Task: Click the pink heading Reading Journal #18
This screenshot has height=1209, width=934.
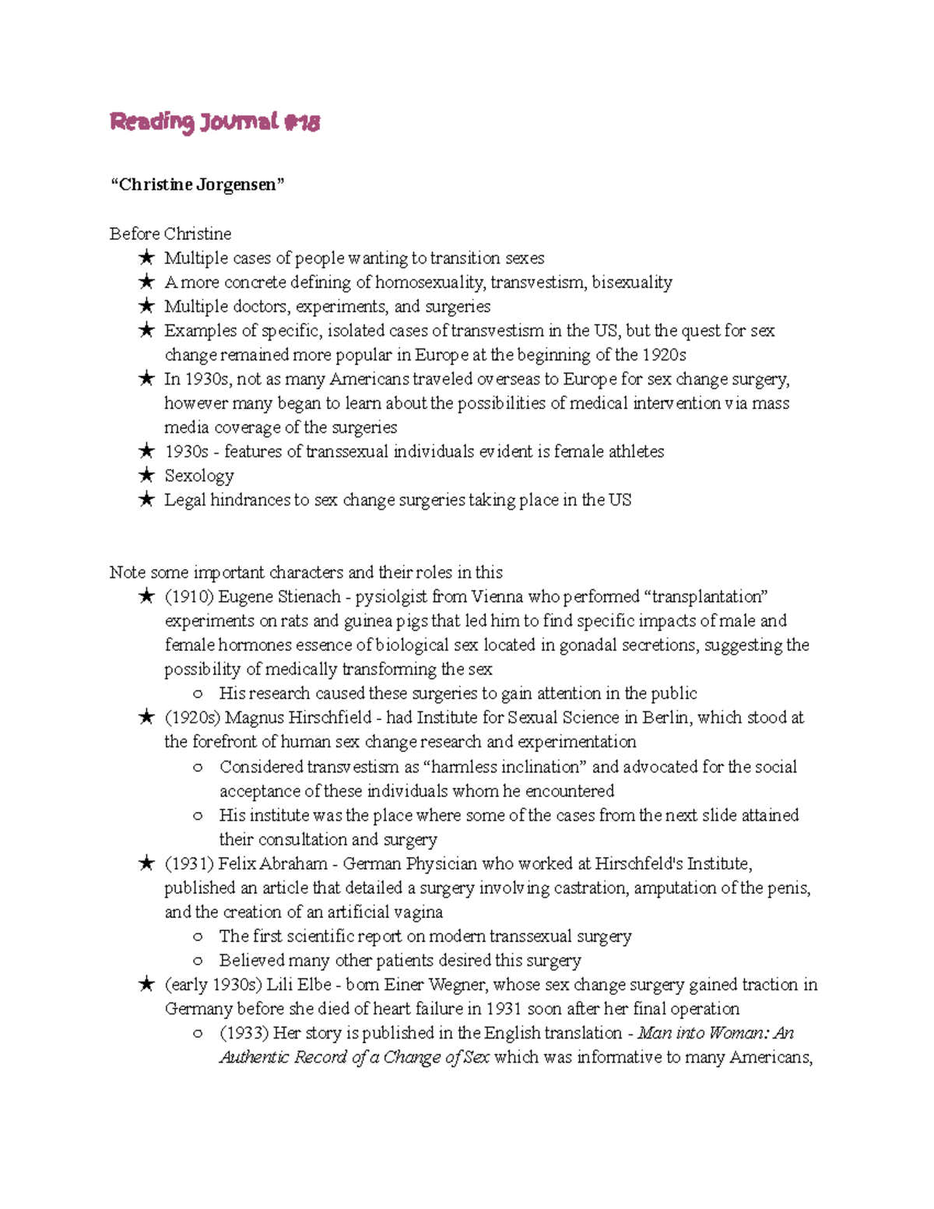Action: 214,122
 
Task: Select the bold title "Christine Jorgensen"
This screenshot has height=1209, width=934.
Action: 197,185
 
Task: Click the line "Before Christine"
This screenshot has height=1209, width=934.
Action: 170,234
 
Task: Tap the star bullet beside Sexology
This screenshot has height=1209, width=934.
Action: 146,475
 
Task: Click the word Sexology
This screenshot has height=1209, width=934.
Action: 198,476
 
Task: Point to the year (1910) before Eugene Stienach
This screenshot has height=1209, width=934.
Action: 188,597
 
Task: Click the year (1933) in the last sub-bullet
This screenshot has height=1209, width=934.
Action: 244,1033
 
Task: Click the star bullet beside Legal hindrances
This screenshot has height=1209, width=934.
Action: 146,500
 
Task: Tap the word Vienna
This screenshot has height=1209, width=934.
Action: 497,597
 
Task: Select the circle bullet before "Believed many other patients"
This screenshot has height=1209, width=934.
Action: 198,961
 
